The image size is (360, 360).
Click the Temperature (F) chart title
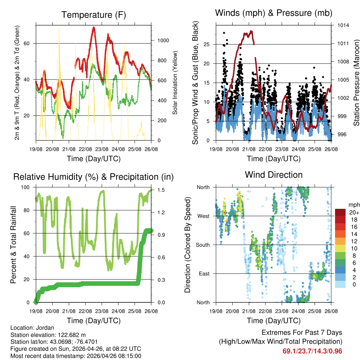94,15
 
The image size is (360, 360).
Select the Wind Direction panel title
274,175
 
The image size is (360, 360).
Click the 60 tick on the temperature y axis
30,43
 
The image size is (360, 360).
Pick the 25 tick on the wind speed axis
210,44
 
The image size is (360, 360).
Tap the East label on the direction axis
204,274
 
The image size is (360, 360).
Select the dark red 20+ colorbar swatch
341,212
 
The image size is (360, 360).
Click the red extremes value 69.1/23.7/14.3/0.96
312,351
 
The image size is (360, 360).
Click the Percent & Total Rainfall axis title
13,245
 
